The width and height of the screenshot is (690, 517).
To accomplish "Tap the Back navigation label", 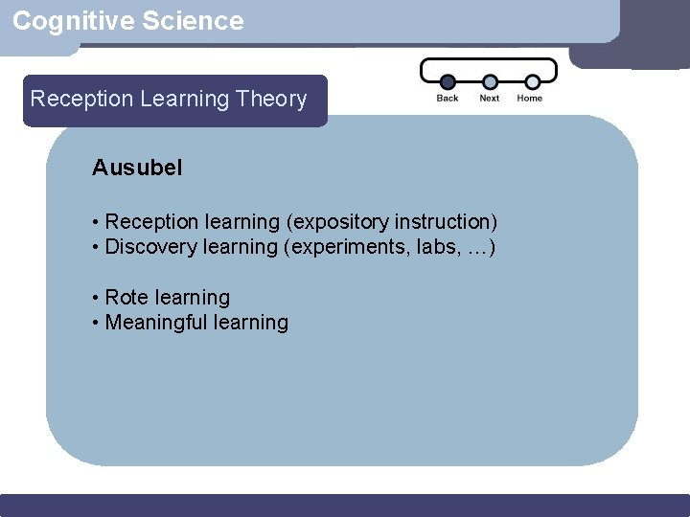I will coord(448,98).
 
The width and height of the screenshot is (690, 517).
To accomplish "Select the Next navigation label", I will coord(490,98).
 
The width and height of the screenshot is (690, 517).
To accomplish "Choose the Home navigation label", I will coord(530,98).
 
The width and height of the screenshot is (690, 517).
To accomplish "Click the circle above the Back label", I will coord(448,82).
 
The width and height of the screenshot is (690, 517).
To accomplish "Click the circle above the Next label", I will coord(490,82).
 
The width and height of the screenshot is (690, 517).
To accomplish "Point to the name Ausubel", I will coord(137,168).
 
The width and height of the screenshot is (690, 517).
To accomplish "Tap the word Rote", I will coord(126,298).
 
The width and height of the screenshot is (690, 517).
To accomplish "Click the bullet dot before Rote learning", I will coord(97,299).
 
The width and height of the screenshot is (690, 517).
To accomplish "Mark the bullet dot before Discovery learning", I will coord(97,248).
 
